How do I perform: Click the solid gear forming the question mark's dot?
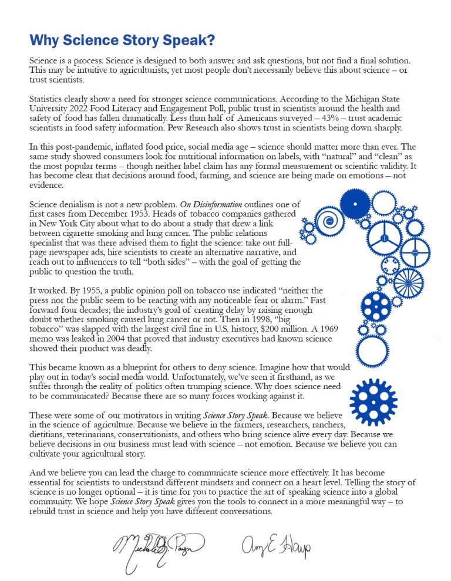point(373,401)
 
